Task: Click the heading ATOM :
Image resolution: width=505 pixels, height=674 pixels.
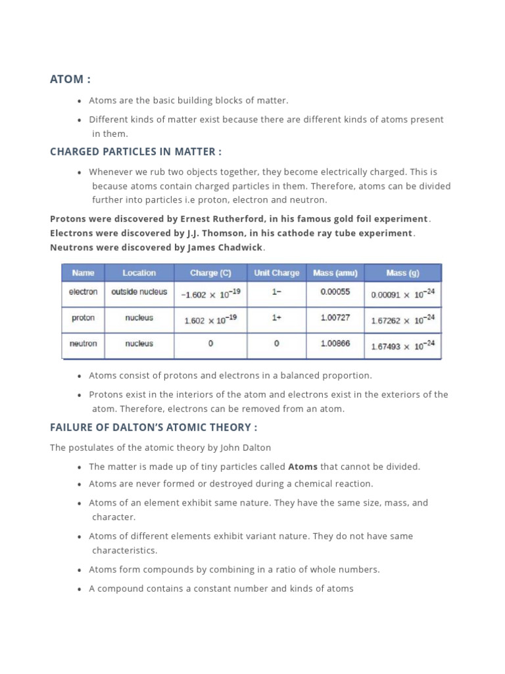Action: click(70, 79)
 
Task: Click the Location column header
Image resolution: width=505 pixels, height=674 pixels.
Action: click(139, 272)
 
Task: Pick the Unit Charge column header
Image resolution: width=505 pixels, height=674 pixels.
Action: click(277, 272)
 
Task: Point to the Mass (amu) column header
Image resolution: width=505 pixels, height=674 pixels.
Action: click(335, 272)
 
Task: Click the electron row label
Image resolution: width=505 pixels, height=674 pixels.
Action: click(84, 292)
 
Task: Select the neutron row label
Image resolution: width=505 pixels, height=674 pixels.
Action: click(84, 344)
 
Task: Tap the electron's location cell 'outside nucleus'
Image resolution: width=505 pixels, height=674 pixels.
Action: click(139, 292)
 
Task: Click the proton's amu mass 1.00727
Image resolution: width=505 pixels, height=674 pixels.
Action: click(335, 318)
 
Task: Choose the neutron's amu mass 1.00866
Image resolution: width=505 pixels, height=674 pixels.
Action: click(335, 344)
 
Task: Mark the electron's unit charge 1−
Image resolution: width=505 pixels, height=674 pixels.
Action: click(277, 292)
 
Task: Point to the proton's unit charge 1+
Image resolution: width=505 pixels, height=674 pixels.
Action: click(277, 318)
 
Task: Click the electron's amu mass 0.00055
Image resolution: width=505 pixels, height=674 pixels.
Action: click(335, 292)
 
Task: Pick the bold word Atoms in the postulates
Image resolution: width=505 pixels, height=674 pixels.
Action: click(302, 467)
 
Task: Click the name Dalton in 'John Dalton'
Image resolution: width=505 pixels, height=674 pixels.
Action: click(256, 448)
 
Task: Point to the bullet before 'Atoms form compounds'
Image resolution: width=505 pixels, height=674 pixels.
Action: click(80, 570)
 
